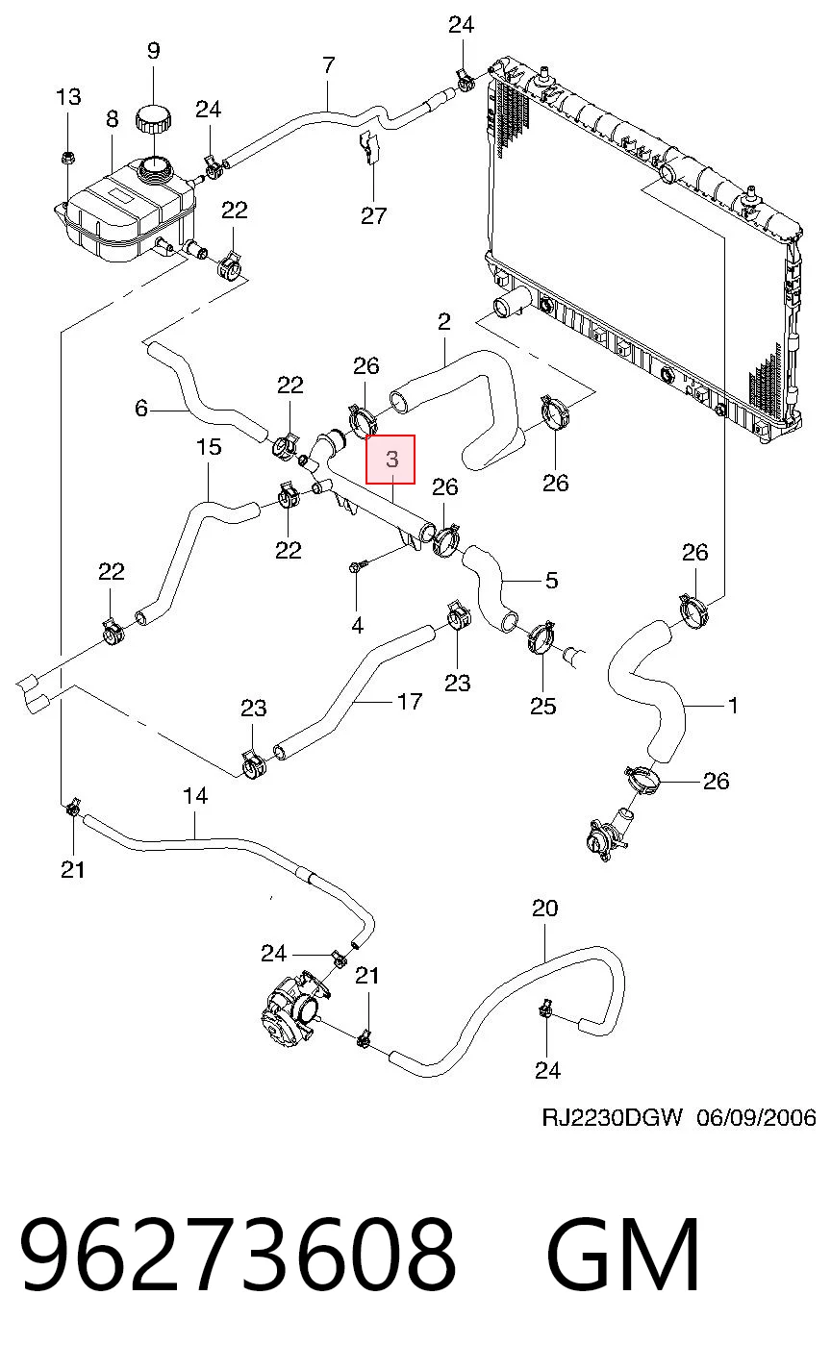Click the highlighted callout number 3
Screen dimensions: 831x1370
[391, 459]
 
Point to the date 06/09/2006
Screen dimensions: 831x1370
[756, 1118]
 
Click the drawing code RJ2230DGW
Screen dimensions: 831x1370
[612, 1118]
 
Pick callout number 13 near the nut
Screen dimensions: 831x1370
[68, 97]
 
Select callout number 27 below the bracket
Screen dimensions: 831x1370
[373, 216]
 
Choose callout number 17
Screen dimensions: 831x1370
[410, 701]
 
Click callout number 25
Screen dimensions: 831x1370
[542, 706]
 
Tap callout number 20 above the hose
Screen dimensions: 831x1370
[544, 909]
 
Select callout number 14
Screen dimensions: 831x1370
[195, 796]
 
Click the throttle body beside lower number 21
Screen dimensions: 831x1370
[290, 1012]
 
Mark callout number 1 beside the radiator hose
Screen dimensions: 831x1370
[733, 706]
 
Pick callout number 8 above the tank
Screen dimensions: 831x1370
[112, 118]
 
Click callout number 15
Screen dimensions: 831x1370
[208, 446]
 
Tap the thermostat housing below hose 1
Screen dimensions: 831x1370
[609, 834]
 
